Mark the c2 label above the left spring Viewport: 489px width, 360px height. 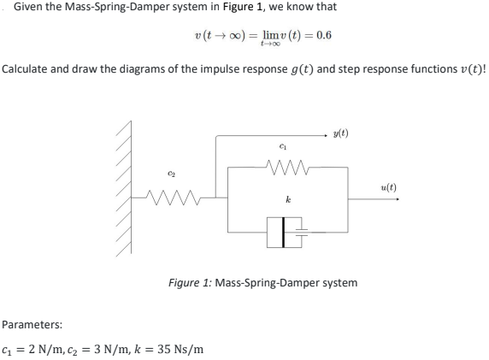pyautogui.click(x=170, y=179)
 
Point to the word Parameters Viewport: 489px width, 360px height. pyautogui.click(x=31, y=325)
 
